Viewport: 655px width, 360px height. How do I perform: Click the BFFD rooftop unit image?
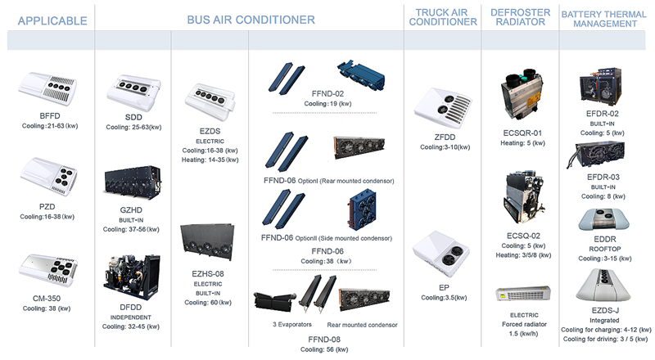[48, 92]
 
